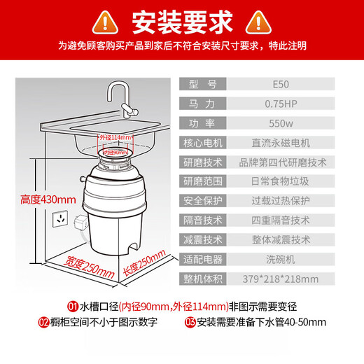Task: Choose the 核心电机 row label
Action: tap(203, 143)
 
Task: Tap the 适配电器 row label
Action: tap(203, 259)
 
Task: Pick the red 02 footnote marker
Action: tap(43, 323)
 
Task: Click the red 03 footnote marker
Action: tap(190, 323)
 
